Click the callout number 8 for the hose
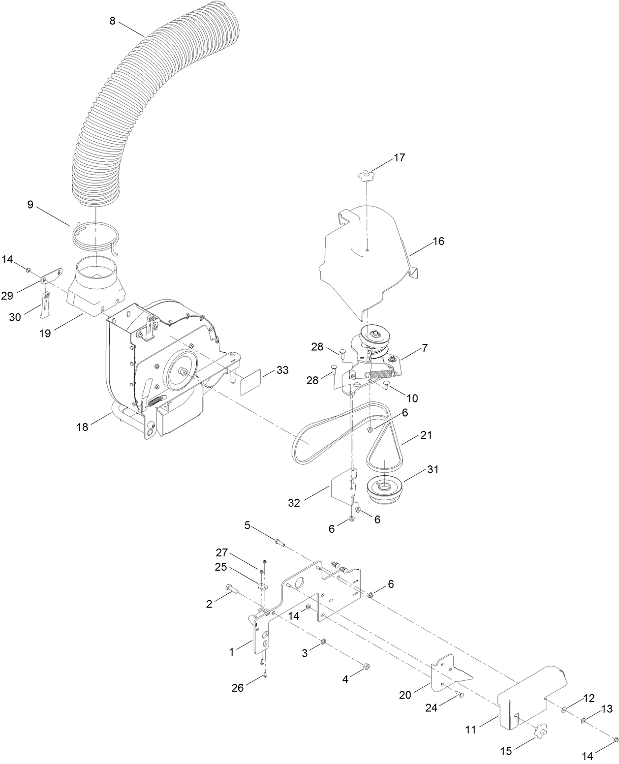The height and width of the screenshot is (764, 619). click(x=113, y=22)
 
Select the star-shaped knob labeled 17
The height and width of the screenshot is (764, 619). click(x=366, y=175)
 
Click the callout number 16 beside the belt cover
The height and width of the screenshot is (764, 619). click(x=438, y=241)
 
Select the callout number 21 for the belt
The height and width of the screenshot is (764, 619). click(x=426, y=435)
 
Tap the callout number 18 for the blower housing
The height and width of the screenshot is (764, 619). click(x=82, y=427)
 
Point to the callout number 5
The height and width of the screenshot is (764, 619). click(x=248, y=526)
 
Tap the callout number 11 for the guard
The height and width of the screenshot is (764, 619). click(x=471, y=730)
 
